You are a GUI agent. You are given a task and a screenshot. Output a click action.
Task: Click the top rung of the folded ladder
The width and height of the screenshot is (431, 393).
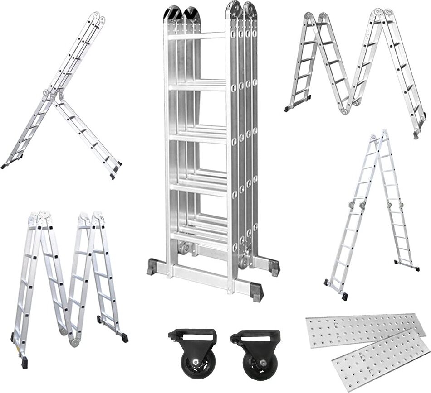[x=197, y=36]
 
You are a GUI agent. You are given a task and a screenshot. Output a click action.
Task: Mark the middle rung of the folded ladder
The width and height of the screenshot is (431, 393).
[x=197, y=136]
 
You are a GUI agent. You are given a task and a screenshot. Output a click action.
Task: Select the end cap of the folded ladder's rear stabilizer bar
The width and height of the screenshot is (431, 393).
[x=274, y=267]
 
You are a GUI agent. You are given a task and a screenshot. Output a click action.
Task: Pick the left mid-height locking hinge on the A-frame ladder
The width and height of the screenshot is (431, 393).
[x=352, y=206]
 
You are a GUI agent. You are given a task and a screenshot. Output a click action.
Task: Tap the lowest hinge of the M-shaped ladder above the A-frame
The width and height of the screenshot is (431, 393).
[x=349, y=109]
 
